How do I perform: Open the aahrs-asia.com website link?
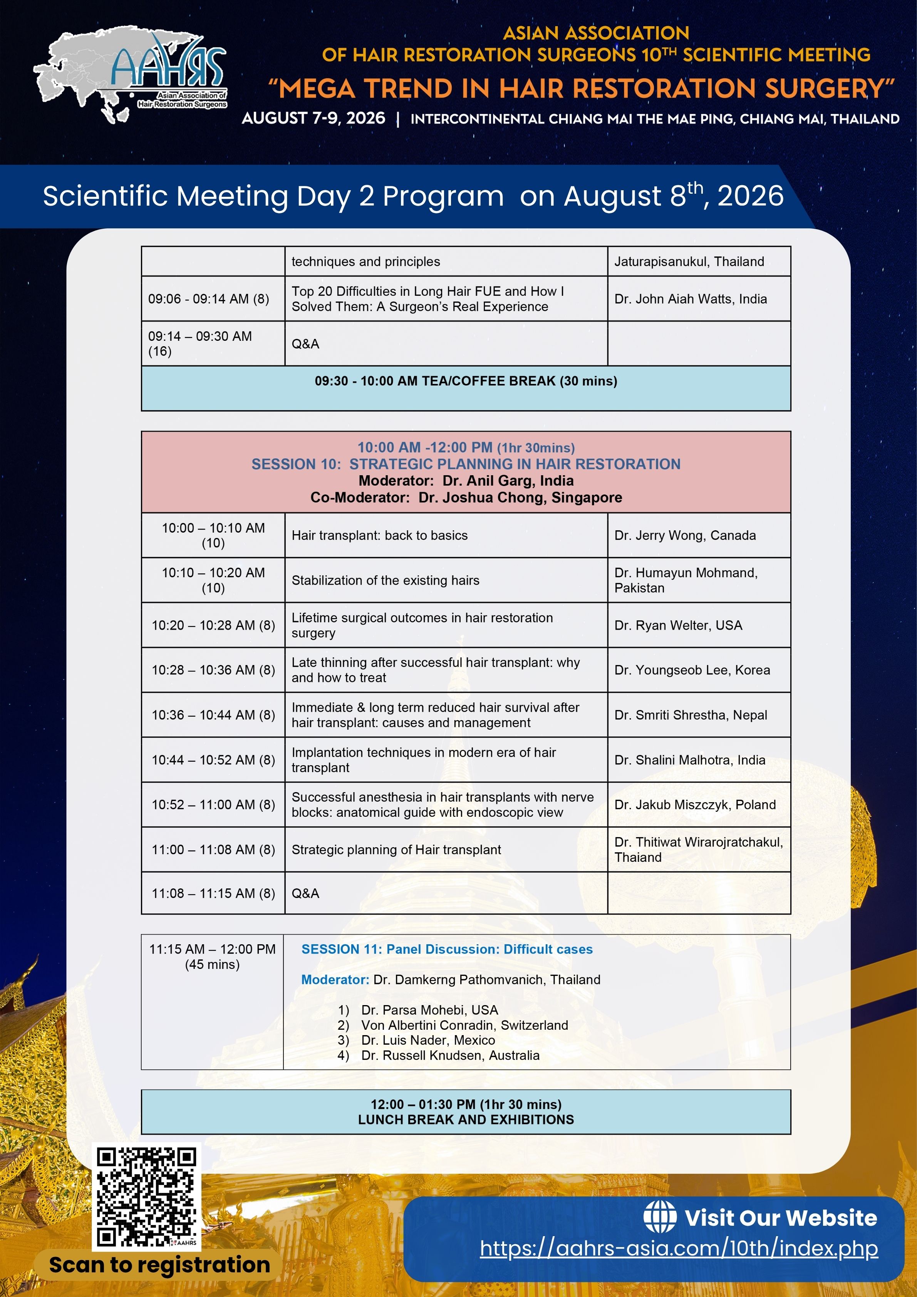coord(679,1248)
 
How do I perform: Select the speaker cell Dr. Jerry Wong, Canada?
coord(685,536)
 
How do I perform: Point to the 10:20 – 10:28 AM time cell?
coord(213,625)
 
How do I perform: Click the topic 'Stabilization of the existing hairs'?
coord(386,580)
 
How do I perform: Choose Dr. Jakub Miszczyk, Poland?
coord(695,804)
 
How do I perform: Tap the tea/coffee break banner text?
coord(466,381)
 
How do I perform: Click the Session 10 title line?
coord(466,464)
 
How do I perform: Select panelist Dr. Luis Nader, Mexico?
coord(428,1040)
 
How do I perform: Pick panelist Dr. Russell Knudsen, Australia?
coord(450,1055)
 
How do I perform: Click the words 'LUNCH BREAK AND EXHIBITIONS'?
coord(466,1119)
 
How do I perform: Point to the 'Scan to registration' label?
coord(159,1265)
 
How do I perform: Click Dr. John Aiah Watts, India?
coord(691,299)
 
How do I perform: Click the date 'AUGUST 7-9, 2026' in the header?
coord(313,118)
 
